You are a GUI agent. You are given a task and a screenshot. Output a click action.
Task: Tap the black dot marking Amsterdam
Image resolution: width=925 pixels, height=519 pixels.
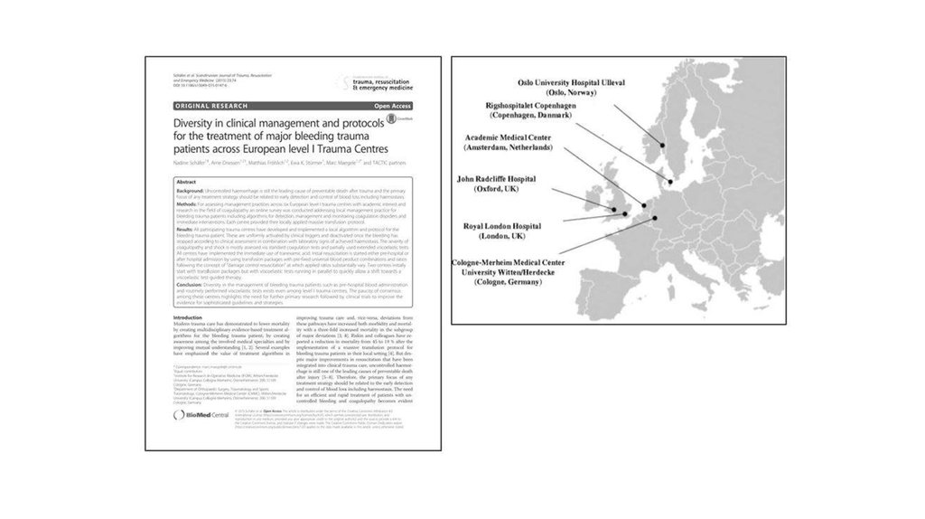click(x=643, y=204)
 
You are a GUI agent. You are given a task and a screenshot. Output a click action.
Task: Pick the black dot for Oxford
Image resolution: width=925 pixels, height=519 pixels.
click(x=614, y=210)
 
